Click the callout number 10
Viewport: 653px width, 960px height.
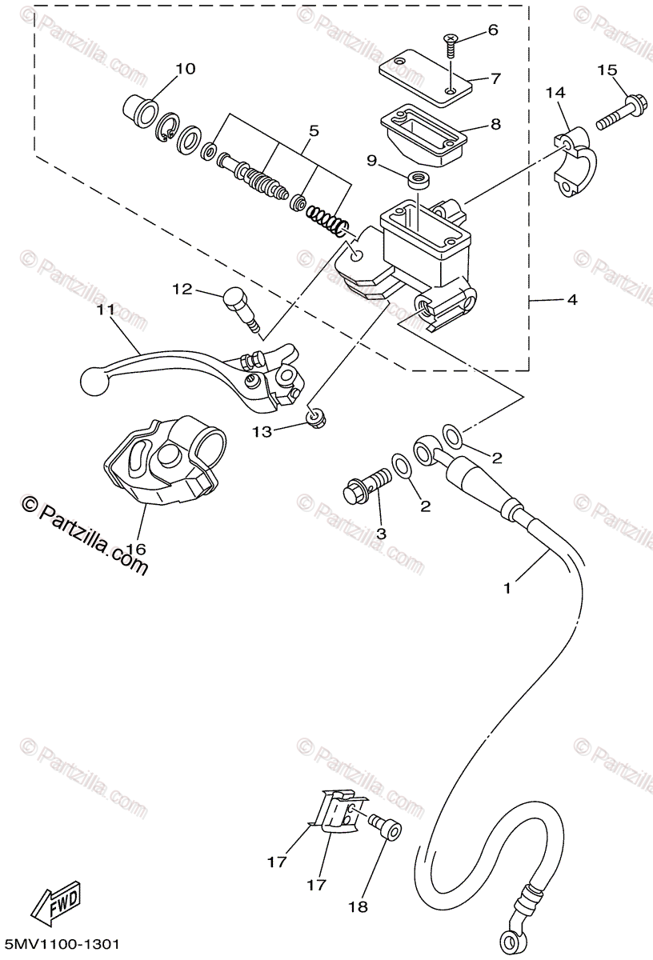click(x=185, y=69)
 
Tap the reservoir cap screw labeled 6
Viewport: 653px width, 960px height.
click(x=451, y=47)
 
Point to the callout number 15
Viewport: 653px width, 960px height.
click(x=607, y=70)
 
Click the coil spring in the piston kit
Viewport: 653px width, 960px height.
click(x=329, y=221)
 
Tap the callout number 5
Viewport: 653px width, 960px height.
click(x=314, y=131)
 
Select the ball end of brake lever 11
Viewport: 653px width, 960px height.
click(x=94, y=381)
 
